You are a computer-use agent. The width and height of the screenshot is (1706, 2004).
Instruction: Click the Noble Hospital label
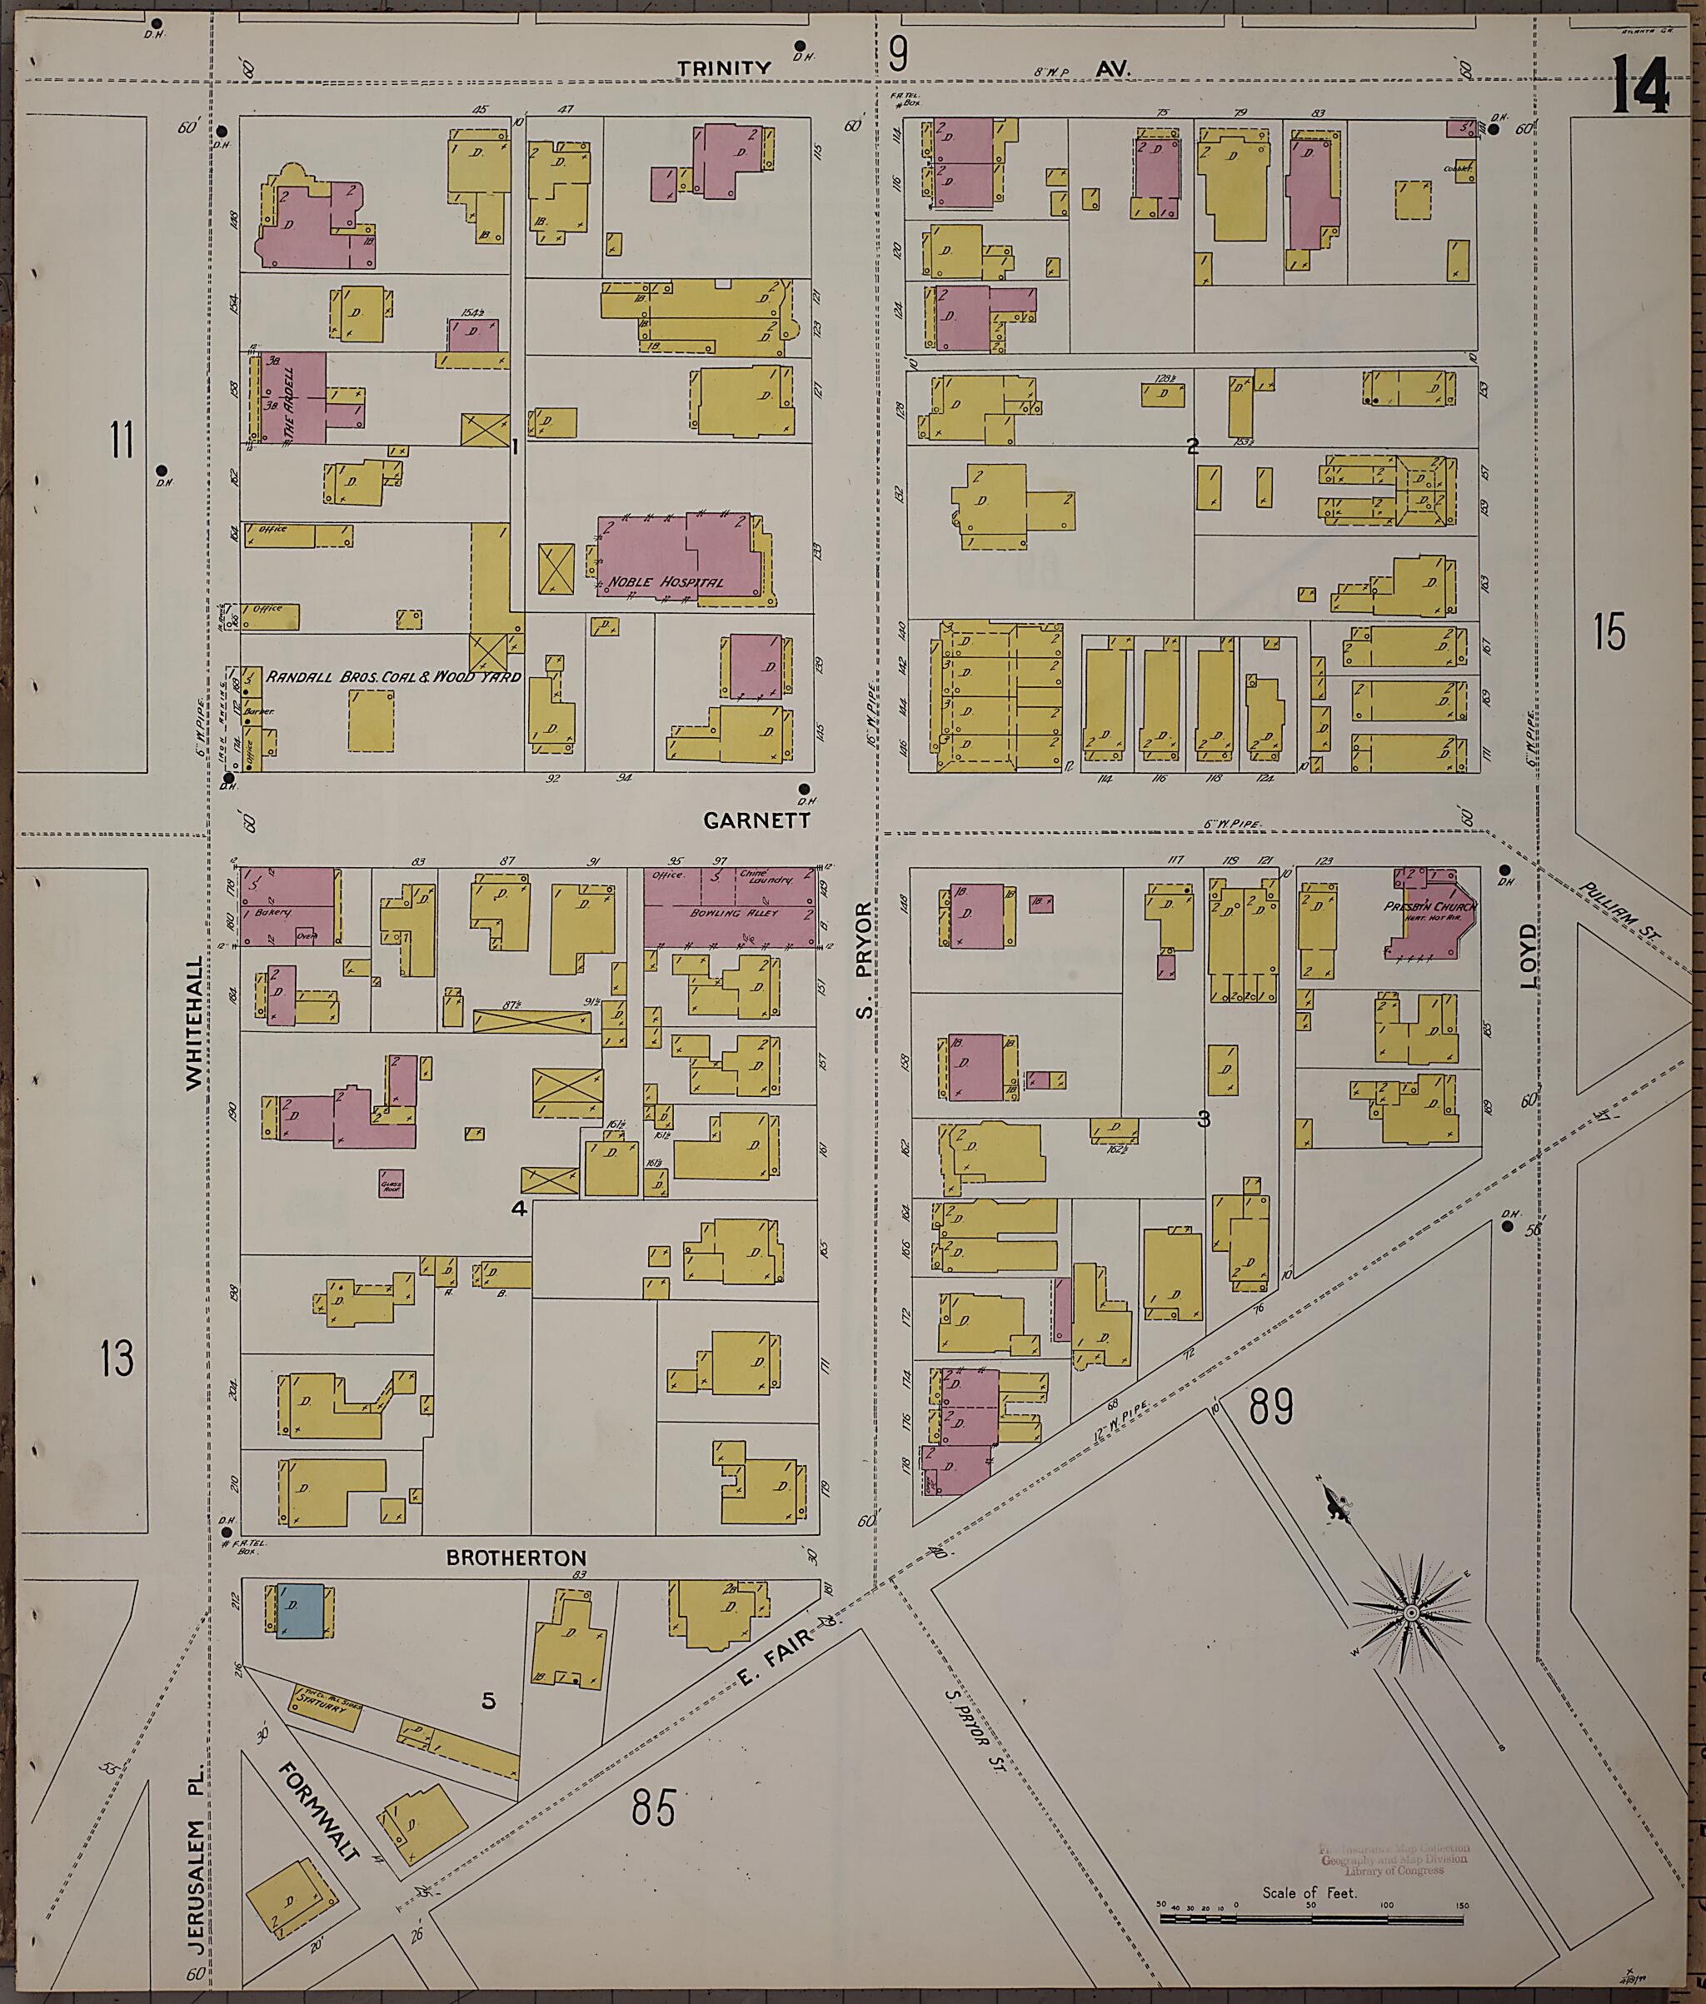(666, 583)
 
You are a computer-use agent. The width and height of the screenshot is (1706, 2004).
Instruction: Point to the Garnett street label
(756, 821)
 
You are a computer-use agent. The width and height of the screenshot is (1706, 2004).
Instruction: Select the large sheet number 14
(1640, 85)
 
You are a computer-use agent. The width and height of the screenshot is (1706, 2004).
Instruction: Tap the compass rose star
(1411, 1614)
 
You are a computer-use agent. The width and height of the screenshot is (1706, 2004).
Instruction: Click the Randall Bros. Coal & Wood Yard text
(392, 677)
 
